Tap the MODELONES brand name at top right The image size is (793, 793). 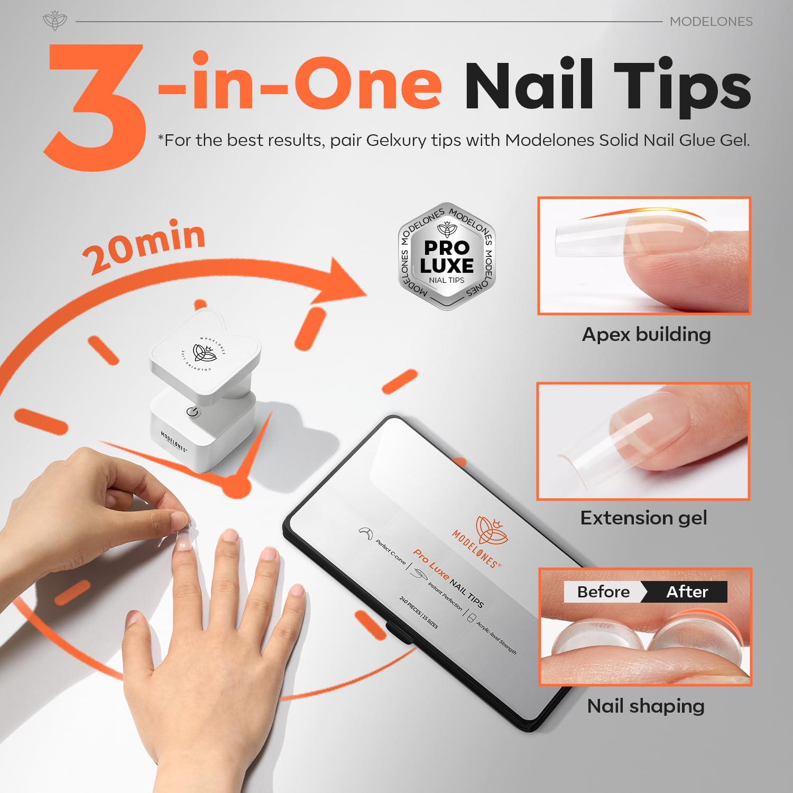pyautogui.click(x=711, y=22)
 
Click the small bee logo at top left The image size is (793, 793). pyautogui.click(x=54, y=21)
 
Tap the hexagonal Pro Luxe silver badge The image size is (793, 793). pyautogui.click(x=447, y=256)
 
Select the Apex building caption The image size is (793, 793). pyautogui.click(x=646, y=335)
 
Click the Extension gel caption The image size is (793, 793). pyautogui.click(x=643, y=518)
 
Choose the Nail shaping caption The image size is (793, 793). pyautogui.click(x=646, y=706)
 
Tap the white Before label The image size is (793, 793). pyautogui.click(x=603, y=592)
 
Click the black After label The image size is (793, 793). pyautogui.click(x=687, y=592)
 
